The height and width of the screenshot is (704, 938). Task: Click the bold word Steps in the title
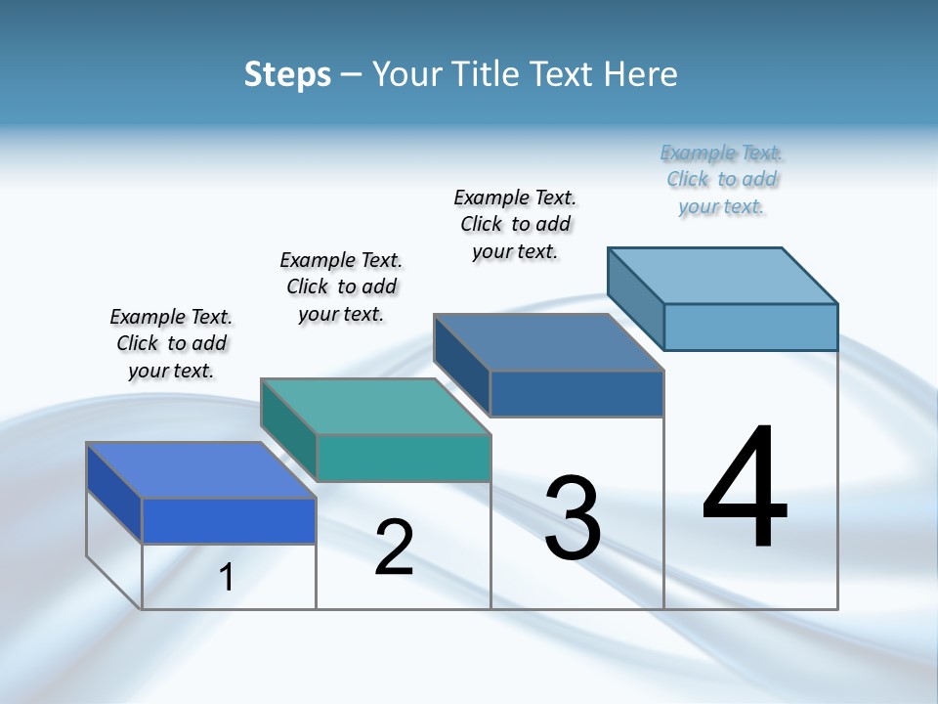click(287, 74)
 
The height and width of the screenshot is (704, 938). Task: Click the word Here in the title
click(637, 74)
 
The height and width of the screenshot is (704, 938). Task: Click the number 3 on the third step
click(573, 518)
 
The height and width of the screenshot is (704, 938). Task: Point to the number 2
click(394, 548)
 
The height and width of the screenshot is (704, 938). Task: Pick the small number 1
click(227, 577)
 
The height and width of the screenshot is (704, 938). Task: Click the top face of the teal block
click(375, 406)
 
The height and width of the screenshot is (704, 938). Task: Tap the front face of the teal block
click(404, 458)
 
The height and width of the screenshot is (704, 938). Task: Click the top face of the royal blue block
click(201, 470)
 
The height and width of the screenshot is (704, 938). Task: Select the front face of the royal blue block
click(229, 520)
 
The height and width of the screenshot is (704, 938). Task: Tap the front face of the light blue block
click(750, 327)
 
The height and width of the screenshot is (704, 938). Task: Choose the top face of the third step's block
click(549, 342)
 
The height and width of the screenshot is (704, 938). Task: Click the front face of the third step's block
click(576, 394)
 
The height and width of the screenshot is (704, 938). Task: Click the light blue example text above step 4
click(721, 180)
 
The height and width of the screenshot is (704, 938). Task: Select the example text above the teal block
click(341, 286)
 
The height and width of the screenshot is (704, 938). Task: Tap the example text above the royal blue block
click(171, 343)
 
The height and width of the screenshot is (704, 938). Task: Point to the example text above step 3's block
click(515, 224)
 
